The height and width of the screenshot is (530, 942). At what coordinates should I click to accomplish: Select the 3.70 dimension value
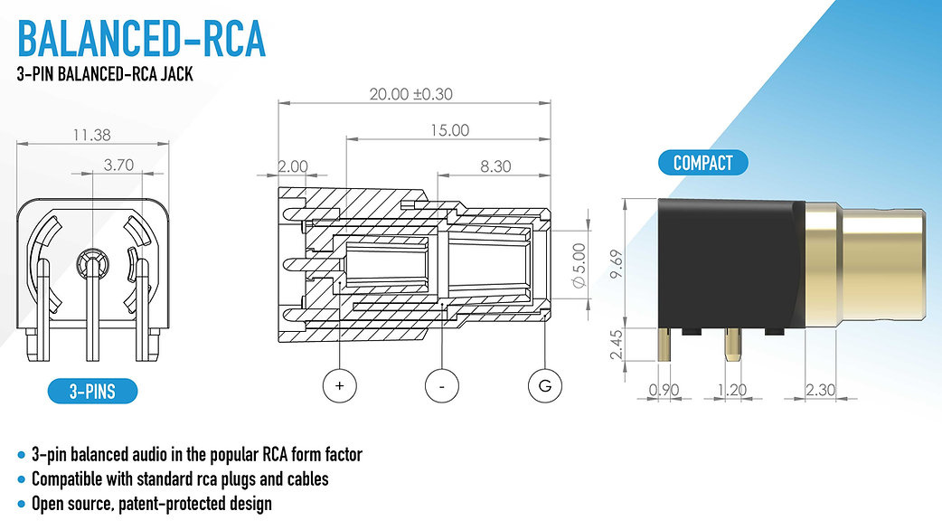coord(118,165)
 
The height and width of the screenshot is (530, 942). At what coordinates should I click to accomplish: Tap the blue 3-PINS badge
coord(92,392)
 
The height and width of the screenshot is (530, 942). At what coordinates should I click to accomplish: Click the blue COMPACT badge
coord(703,163)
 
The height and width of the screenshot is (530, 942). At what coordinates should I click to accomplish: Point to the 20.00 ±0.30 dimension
coord(411,94)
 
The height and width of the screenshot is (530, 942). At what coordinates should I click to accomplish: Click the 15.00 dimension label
coord(448,130)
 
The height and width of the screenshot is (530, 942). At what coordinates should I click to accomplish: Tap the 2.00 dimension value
coord(294,166)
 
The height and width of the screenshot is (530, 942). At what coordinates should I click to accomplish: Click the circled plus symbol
coord(340,385)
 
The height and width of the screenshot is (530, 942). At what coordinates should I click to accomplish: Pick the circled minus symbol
coord(441,385)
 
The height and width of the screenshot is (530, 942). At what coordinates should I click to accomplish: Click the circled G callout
coord(544,385)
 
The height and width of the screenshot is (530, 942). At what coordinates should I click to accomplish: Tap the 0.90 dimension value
coord(664,391)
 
